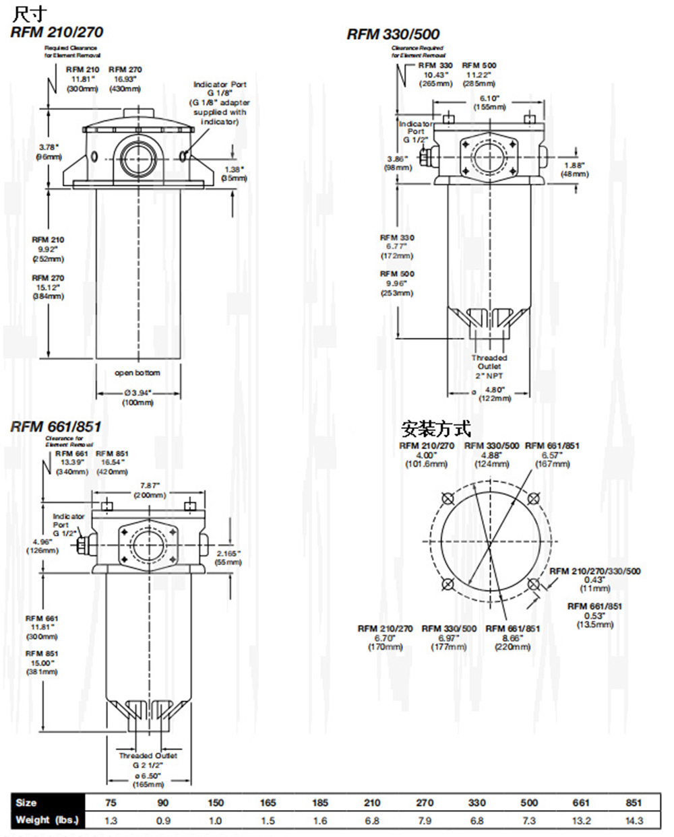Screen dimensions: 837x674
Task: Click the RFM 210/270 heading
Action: pyautogui.click(x=57, y=32)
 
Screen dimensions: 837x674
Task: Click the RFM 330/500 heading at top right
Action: pyautogui.click(x=394, y=34)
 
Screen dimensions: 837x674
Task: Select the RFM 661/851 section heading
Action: pyautogui.click(x=56, y=426)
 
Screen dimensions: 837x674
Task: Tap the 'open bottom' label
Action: pyautogui.click(x=137, y=372)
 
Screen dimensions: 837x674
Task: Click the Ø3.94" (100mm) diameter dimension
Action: pyautogui.click(x=137, y=397)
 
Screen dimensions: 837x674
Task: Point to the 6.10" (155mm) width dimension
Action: pyautogui.click(x=489, y=102)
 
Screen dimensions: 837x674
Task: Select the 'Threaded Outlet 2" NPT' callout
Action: pyautogui.click(x=489, y=366)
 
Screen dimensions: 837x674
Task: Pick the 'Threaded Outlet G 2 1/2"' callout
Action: pyautogui.click(x=148, y=760)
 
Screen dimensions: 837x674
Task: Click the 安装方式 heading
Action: pyautogui.click(x=435, y=428)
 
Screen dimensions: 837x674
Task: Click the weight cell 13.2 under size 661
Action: pyautogui.click(x=581, y=820)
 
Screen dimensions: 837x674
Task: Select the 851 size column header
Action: pyautogui.click(x=634, y=803)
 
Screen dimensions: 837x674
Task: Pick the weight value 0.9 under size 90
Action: pyautogui.click(x=163, y=820)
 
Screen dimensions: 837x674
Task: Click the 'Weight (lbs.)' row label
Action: pyautogui.click(x=47, y=820)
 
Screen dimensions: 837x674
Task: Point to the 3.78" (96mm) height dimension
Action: pyautogui.click(x=49, y=152)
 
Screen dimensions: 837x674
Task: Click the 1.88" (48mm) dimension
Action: pyautogui.click(x=575, y=169)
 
